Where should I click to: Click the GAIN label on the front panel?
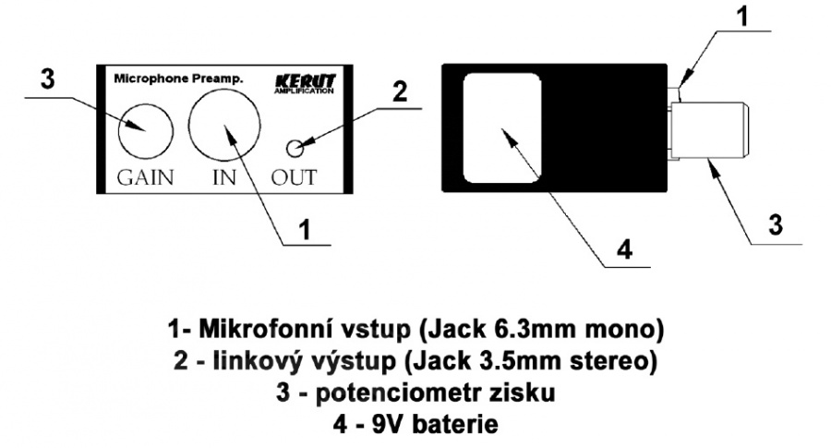click(x=146, y=177)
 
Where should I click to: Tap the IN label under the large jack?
click(x=224, y=177)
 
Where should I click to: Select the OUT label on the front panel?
click(x=295, y=177)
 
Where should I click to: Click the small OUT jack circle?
click(x=297, y=147)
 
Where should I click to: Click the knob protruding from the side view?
click(x=712, y=135)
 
